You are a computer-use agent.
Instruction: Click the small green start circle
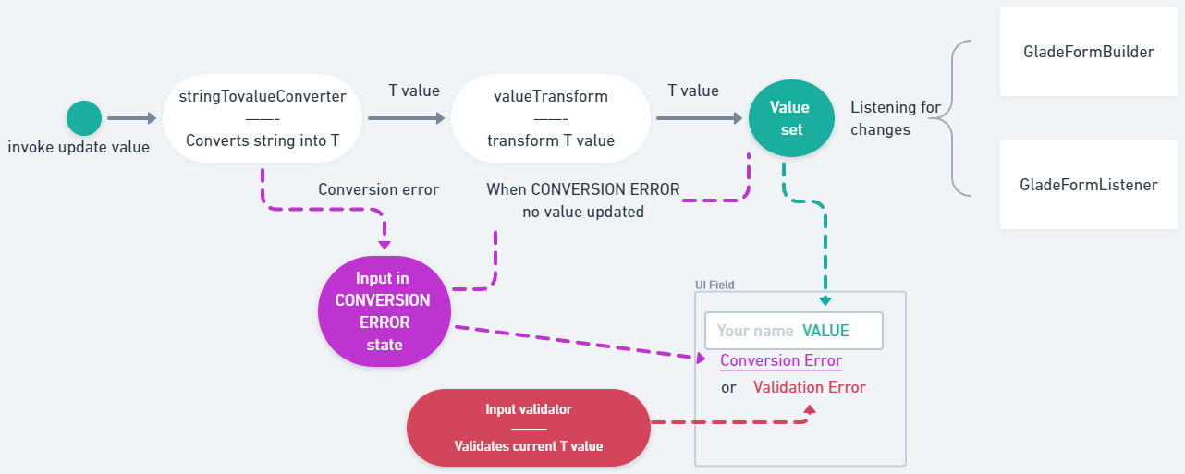point(83,118)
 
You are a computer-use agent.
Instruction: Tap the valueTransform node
point(551,118)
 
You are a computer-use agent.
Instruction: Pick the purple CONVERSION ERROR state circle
point(384,310)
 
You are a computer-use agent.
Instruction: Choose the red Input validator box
point(528,427)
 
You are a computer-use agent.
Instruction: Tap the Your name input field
point(793,331)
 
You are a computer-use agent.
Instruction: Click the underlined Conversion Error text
point(781,360)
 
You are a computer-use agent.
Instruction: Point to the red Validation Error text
point(809,387)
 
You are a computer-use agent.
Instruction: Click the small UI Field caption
point(715,286)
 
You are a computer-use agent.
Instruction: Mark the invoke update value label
point(79,147)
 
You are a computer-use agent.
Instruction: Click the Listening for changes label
point(894,118)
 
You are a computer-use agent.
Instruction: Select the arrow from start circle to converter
point(132,118)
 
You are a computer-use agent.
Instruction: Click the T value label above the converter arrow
point(413,91)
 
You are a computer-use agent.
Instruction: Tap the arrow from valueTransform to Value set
point(698,118)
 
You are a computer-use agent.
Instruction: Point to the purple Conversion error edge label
point(378,189)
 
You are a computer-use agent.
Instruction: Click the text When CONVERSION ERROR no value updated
point(582,200)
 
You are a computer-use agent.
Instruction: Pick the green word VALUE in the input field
point(825,331)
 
